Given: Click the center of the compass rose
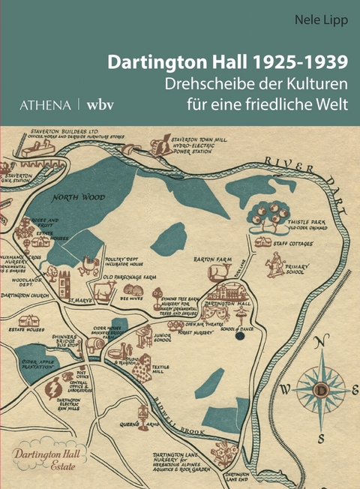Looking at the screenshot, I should [x=321, y=391].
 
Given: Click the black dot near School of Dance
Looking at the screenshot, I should [x=240, y=336].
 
